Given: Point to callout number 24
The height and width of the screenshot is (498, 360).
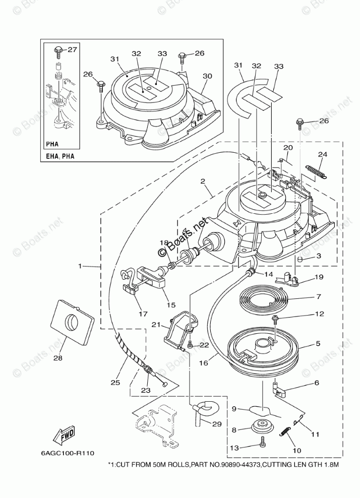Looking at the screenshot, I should click(x=323, y=154).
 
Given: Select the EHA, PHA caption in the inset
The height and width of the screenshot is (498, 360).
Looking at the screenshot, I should click(x=56, y=156).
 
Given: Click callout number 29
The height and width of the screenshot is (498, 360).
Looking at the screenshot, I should click(x=216, y=424).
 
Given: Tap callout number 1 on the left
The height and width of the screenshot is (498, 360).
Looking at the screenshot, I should click(x=81, y=265).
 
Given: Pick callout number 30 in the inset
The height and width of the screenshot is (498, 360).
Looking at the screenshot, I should click(x=207, y=76).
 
